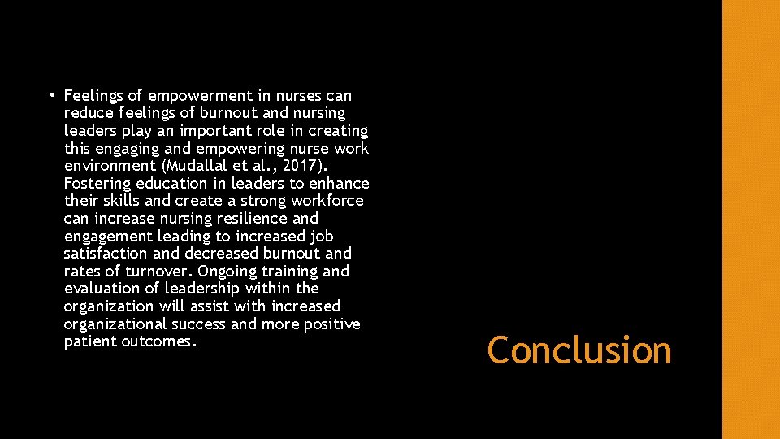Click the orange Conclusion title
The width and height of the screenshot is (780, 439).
(x=579, y=350)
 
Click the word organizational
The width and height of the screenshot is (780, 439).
(x=113, y=324)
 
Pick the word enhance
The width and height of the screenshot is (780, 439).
(x=340, y=183)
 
